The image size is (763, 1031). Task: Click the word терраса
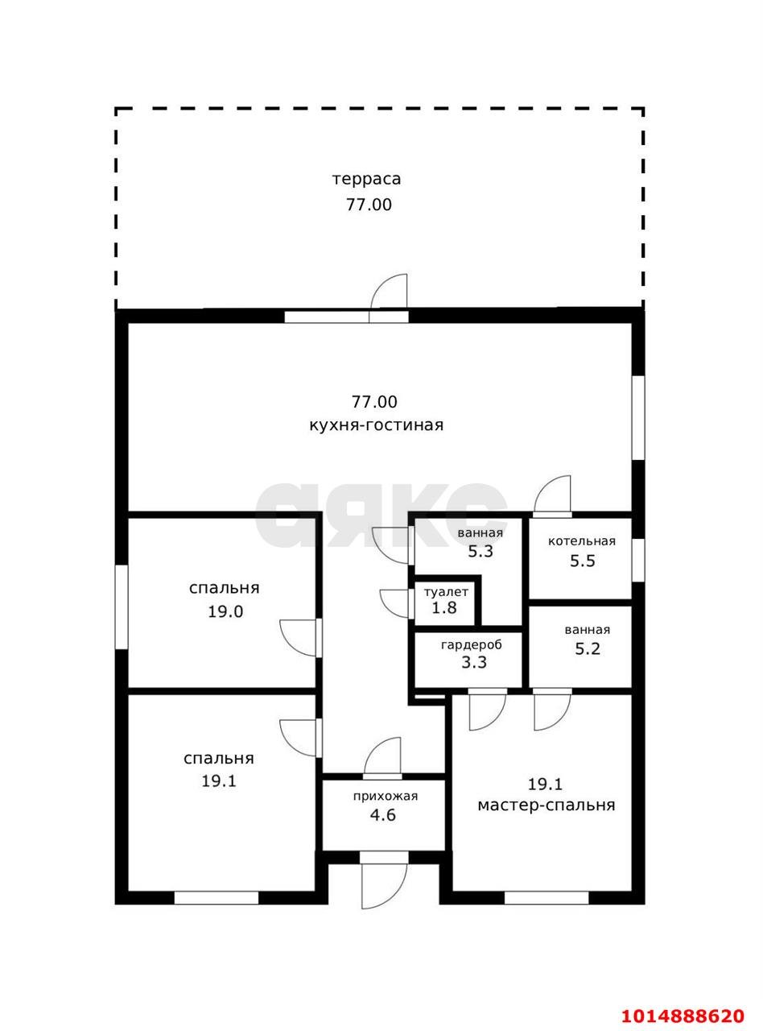tap(366, 179)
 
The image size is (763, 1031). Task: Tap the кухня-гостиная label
tap(376, 425)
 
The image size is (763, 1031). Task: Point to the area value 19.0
tap(225, 611)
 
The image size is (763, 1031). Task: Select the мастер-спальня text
tap(546, 805)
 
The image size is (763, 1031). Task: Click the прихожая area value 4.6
tap(382, 814)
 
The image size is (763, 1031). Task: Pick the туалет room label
tap(445, 592)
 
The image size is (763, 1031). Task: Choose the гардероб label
tap(471, 645)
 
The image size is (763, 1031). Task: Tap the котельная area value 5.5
tap(582, 561)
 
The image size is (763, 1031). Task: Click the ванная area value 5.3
tap(480, 552)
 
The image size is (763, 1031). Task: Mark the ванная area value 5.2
tap(587, 649)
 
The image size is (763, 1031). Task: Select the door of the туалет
tap(396, 603)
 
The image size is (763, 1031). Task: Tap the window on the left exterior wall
tap(122, 607)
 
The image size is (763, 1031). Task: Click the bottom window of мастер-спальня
tap(546, 897)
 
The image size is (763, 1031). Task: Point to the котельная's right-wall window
tap(637, 560)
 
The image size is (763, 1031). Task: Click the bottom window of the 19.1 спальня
tap(217, 897)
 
